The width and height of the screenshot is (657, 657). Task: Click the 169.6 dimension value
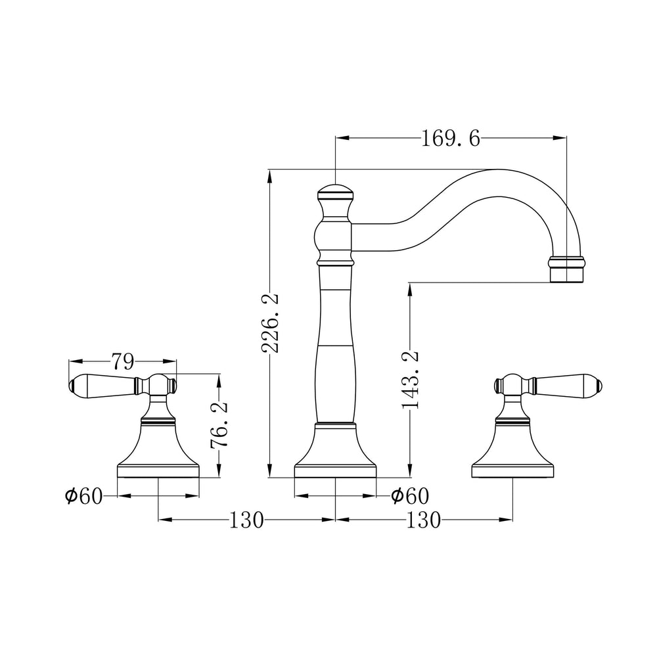point(450,138)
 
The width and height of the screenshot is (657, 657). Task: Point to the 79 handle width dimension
point(122,361)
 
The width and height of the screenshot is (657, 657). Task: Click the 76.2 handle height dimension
point(219,424)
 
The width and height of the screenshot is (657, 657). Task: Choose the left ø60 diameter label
point(83,497)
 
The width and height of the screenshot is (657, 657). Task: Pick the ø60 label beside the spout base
point(410,497)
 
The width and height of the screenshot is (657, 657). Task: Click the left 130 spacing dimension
point(246,520)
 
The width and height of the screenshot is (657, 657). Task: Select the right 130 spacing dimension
point(424,520)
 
